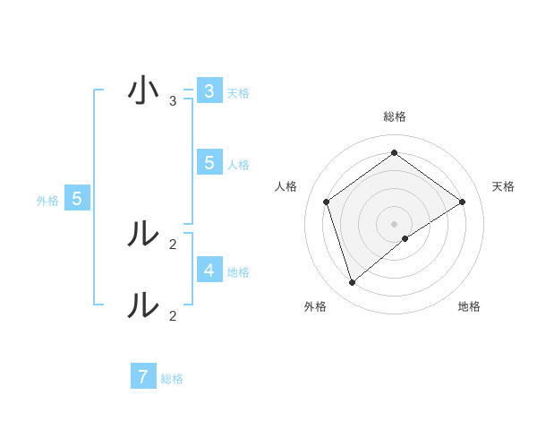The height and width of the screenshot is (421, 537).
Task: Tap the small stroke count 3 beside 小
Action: click(x=173, y=101)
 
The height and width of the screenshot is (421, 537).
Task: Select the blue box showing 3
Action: click(x=209, y=90)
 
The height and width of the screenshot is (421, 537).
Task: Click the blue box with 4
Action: click(x=209, y=270)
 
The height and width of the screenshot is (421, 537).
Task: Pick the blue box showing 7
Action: click(x=143, y=376)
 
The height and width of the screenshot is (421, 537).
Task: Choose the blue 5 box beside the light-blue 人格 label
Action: click(x=209, y=162)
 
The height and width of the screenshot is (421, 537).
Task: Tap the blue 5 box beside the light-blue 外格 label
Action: click(x=77, y=199)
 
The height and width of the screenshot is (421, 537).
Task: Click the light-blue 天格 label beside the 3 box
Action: click(x=238, y=92)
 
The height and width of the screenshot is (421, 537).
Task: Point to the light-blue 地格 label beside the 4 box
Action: click(x=238, y=271)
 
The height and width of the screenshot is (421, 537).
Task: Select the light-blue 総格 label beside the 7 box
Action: click(x=172, y=378)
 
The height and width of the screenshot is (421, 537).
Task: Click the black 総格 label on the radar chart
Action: click(x=394, y=116)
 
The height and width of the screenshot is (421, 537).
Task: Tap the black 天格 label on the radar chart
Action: click(x=503, y=186)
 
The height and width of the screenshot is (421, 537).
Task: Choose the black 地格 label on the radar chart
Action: click(x=469, y=306)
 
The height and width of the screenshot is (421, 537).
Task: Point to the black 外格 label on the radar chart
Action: click(x=315, y=306)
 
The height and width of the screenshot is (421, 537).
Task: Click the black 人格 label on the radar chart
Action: click(x=286, y=186)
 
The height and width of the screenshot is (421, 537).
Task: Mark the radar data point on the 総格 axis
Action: click(x=394, y=152)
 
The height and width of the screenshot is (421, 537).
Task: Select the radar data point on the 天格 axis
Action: click(x=462, y=202)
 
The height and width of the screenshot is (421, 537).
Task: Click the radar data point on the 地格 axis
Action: click(x=405, y=238)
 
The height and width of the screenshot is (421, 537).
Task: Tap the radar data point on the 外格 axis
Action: click(x=353, y=282)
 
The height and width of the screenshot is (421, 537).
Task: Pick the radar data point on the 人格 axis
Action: click(x=326, y=202)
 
